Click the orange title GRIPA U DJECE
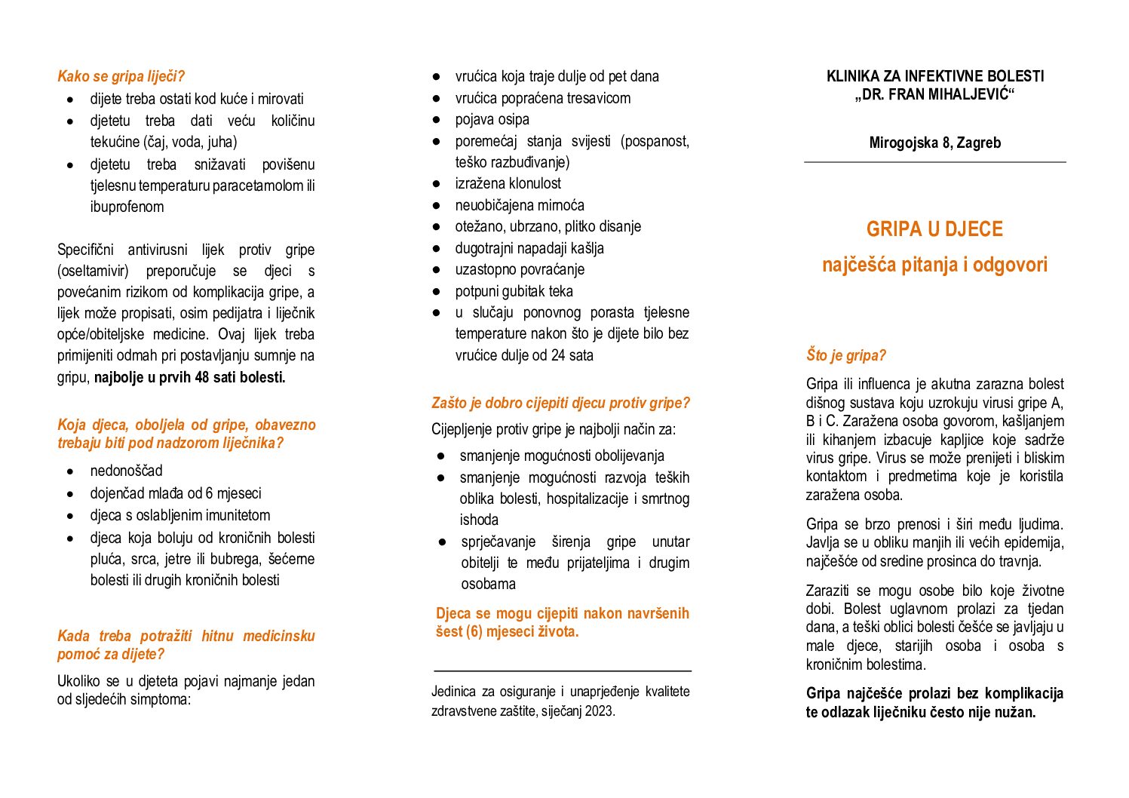[x=934, y=229]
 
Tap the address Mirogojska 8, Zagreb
[x=934, y=143]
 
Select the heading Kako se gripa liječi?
[x=121, y=76]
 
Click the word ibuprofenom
[x=127, y=207]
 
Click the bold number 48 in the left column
[x=201, y=377]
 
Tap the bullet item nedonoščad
[x=126, y=471]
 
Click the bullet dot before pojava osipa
[x=436, y=119]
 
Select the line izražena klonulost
[x=508, y=183]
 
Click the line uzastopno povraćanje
[x=520, y=269]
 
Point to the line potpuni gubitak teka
[x=514, y=291]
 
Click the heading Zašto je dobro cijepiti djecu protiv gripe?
[x=560, y=403]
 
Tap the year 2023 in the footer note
[x=599, y=711]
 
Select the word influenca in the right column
[x=867, y=384]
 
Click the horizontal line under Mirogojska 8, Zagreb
[x=934, y=162]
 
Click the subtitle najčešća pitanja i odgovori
[x=934, y=265]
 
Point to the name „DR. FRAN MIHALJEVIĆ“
[x=934, y=95]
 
